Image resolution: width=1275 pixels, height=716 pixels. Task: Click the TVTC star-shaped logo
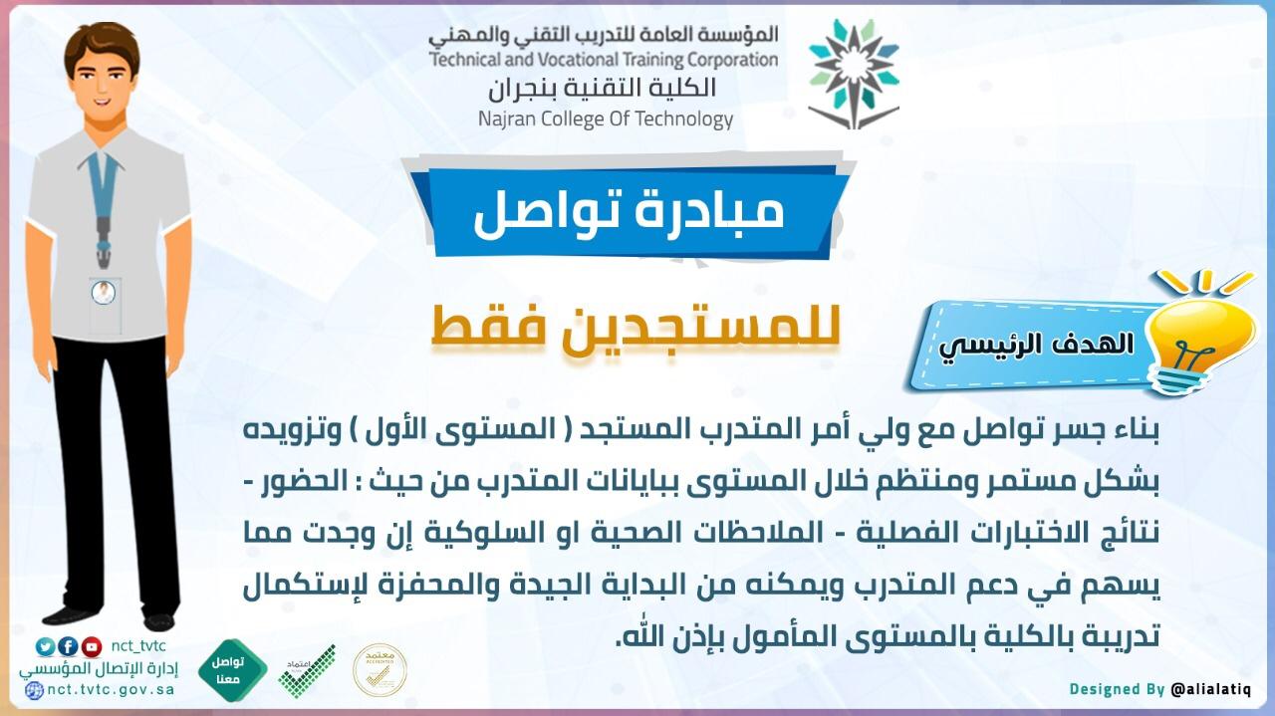tap(854, 74)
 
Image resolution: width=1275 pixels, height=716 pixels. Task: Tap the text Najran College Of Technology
tap(606, 119)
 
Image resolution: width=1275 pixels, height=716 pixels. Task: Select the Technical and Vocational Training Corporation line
tap(604, 60)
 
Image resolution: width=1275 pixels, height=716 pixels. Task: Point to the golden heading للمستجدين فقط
tap(636, 329)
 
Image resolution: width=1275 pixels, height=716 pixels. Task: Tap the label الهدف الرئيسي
tap(1036, 345)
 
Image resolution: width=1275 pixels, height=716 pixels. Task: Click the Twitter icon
tap(46, 646)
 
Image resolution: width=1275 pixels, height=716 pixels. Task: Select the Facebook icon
tap(69, 646)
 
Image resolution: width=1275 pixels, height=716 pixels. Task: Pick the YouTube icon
tap(91, 646)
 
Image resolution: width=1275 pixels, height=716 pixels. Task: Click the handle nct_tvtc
tap(138, 646)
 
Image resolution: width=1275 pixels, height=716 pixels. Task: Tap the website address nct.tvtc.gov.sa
tap(111, 689)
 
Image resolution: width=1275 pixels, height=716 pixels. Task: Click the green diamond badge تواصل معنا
tap(232, 670)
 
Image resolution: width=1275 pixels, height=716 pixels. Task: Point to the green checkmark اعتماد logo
tap(307, 671)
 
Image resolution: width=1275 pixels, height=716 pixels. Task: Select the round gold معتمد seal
tap(380, 670)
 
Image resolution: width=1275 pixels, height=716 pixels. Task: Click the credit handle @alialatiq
tap(1210, 689)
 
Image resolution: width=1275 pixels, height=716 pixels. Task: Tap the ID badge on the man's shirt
tap(105, 306)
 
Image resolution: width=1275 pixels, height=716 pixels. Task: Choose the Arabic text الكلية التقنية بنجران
tap(602, 89)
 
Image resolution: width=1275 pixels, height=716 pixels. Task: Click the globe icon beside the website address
tap(34, 690)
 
